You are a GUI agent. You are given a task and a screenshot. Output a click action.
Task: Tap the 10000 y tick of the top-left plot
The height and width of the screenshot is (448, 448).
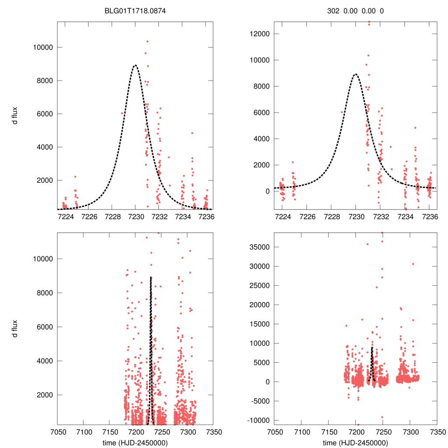click(42, 47)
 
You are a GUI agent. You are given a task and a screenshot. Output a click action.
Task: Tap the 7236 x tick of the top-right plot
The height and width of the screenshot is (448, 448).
click(429, 216)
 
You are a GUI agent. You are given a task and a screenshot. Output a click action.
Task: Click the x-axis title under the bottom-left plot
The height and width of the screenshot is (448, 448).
click(135, 442)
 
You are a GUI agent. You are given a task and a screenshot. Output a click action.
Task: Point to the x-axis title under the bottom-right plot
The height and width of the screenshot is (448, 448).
click(356, 442)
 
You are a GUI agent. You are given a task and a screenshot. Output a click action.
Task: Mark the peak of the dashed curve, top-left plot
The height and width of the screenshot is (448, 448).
click(135, 65)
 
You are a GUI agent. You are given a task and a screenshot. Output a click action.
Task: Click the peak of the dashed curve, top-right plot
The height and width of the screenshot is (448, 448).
click(356, 74)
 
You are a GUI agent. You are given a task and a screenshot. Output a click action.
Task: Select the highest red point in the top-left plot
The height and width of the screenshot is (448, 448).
click(147, 41)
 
